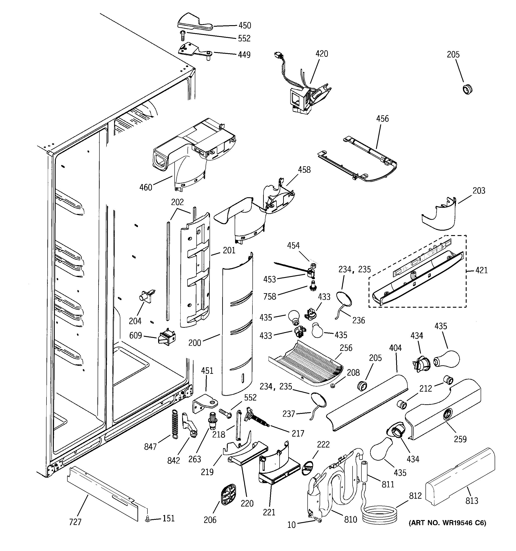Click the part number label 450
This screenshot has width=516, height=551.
click(245, 26)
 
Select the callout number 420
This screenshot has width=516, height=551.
click(322, 54)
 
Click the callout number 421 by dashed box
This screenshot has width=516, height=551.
click(481, 270)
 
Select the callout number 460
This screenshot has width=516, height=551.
click(146, 188)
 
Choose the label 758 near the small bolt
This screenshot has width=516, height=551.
click(270, 297)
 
